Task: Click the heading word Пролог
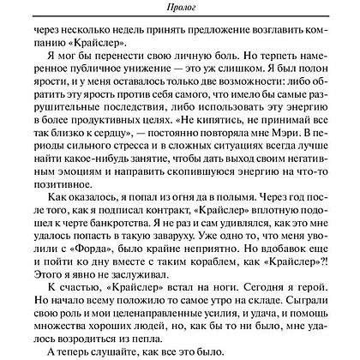coord(179,8)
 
